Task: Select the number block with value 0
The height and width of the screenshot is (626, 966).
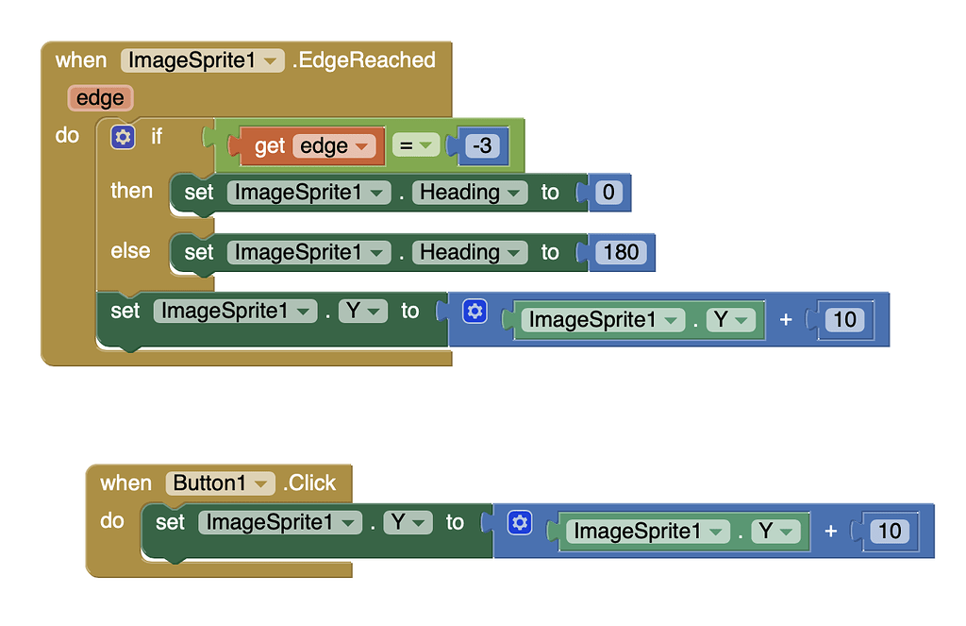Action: [608, 193]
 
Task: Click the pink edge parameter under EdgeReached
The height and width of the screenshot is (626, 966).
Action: [100, 97]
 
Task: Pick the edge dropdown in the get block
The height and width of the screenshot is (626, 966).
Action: [335, 146]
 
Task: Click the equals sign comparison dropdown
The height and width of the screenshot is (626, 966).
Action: [416, 145]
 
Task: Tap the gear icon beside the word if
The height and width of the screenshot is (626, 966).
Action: [123, 137]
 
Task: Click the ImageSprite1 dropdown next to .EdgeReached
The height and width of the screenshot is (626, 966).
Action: [202, 60]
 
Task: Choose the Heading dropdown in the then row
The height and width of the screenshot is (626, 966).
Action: [470, 193]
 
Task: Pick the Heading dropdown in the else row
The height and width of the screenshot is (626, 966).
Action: [470, 252]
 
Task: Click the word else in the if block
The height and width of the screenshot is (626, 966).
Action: [130, 251]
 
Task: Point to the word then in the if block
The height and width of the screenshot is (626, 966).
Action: [131, 191]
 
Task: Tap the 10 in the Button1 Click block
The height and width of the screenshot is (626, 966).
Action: [890, 531]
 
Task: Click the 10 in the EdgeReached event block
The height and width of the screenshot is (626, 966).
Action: [844, 319]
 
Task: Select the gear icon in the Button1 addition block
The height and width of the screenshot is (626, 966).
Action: [519, 523]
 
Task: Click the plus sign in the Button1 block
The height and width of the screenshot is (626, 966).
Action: [831, 531]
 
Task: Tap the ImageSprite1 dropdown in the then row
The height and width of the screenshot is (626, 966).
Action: [308, 193]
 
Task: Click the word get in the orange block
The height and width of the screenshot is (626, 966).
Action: [270, 146]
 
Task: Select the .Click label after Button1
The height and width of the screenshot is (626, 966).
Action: [309, 482]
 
